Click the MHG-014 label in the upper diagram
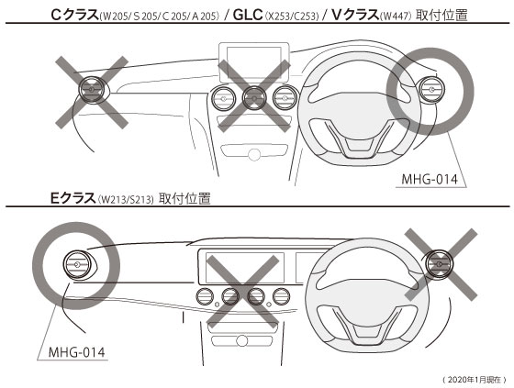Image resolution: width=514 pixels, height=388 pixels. [x=430, y=179]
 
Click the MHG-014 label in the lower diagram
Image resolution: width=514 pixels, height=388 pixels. [x=77, y=352]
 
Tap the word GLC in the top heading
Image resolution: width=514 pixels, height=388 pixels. [x=248, y=15]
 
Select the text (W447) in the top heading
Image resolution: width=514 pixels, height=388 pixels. [x=396, y=17]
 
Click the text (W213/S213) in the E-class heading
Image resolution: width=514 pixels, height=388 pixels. [x=126, y=199]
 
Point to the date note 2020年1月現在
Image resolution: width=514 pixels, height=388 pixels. [x=474, y=380]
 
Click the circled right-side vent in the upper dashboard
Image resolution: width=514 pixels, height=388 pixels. [x=432, y=90]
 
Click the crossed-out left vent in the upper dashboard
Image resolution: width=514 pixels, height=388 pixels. [x=92, y=90]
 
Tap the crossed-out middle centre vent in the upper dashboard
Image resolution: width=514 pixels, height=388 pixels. [x=254, y=97]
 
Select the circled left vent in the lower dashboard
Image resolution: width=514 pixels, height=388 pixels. [x=77, y=264]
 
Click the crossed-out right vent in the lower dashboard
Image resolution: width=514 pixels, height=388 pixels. [x=439, y=264]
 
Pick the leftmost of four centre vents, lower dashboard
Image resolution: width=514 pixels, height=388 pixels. [x=205, y=296]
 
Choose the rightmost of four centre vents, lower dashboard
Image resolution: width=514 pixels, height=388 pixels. [x=282, y=296]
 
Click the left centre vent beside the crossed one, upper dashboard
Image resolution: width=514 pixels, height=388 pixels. [x=224, y=97]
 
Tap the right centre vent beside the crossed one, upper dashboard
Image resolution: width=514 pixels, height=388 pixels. [x=285, y=97]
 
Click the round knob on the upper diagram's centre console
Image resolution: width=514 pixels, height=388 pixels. [x=254, y=154]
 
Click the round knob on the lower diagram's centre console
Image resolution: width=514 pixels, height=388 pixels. [x=242, y=340]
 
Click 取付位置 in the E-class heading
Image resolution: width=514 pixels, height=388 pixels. [x=184, y=199]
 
